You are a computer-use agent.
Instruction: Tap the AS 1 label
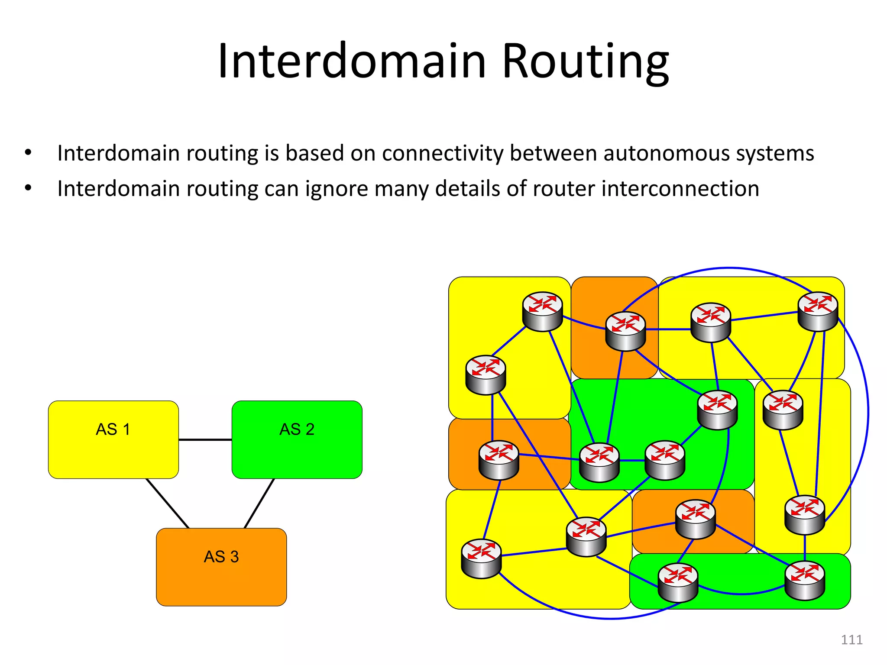pyautogui.click(x=113, y=429)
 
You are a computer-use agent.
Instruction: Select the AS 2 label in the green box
pyautogui.click(x=297, y=429)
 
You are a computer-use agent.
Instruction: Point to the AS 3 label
pyautogui.click(x=221, y=557)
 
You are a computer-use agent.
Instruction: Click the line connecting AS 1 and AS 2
pyautogui.click(x=205, y=440)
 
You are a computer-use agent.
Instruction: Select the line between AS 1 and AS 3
pyautogui.click(x=167, y=503)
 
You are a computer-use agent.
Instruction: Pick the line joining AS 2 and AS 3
pyautogui.click(x=259, y=503)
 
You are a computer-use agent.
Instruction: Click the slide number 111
pyautogui.click(x=851, y=639)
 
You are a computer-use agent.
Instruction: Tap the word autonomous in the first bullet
pyautogui.click(x=663, y=153)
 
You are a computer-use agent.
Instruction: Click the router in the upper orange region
pyautogui.click(x=625, y=331)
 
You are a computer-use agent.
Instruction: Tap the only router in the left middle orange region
pyautogui.click(x=499, y=460)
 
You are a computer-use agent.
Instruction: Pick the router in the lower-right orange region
pyautogui.click(x=695, y=519)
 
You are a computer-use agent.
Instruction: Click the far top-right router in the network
pyautogui.click(x=818, y=311)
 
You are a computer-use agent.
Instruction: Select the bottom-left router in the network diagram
pyautogui.click(x=481, y=558)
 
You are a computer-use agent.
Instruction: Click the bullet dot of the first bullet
pyautogui.click(x=28, y=152)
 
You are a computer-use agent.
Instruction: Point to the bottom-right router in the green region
pyautogui.click(x=804, y=580)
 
